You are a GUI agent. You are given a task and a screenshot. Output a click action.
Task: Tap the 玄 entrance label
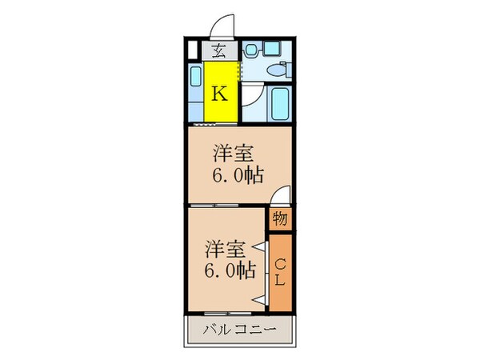(x=218, y=52)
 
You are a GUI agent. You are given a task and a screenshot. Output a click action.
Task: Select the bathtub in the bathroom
(x=280, y=102)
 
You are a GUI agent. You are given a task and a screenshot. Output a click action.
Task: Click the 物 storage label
(x=279, y=218)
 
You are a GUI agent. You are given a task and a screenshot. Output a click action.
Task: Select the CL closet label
(x=279, y=273)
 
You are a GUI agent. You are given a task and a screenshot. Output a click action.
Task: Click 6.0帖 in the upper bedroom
(x=239, y=175)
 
